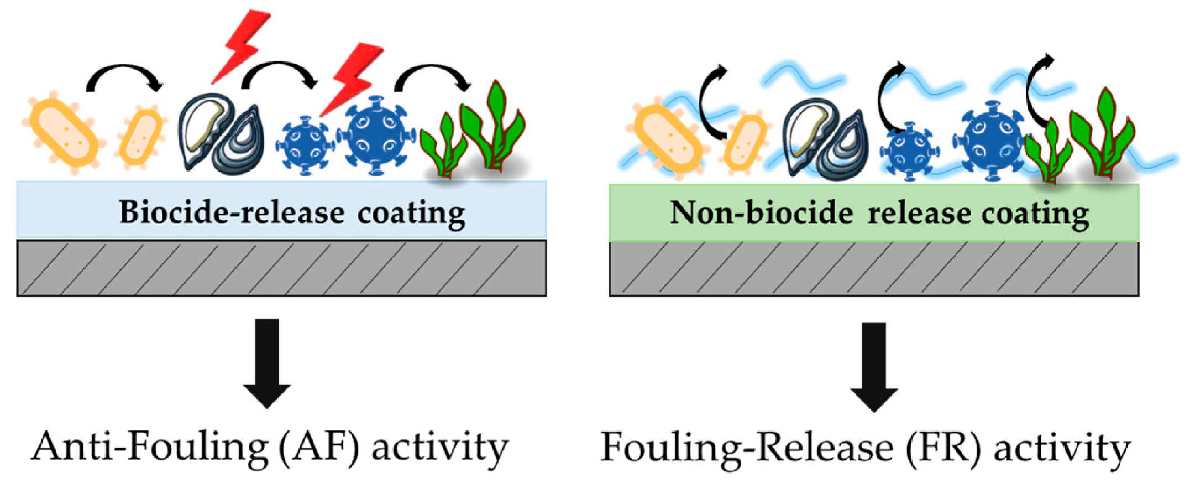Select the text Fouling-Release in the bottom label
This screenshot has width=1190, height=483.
(x=747, y=446)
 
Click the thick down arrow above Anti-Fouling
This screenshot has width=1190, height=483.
(x=268, y=363)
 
